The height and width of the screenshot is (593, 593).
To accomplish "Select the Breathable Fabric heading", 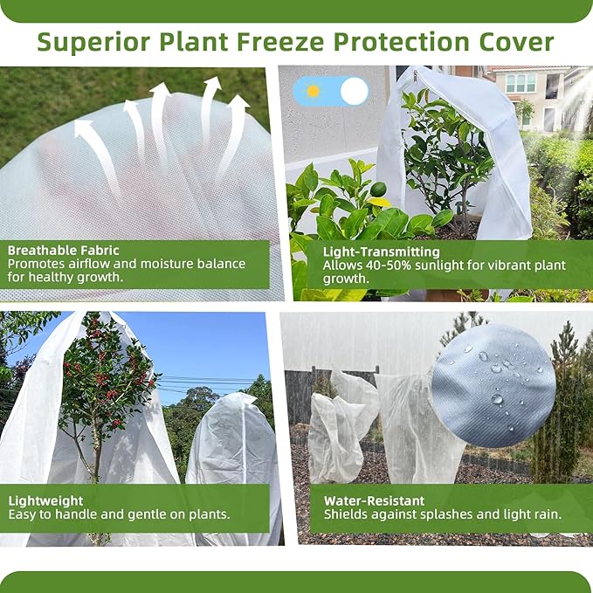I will [64, 250].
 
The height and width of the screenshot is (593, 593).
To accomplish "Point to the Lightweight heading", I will [45, 500].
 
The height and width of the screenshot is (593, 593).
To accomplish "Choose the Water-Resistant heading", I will [374, 500].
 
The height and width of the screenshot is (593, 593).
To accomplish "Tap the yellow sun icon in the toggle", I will [313, 91].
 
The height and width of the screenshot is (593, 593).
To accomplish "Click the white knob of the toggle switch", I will [354, 91].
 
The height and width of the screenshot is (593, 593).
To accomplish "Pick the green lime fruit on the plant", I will [378, 190].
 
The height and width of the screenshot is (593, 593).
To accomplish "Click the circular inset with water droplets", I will [493, 386].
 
